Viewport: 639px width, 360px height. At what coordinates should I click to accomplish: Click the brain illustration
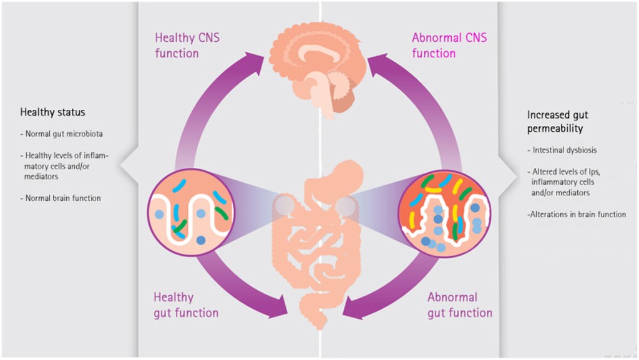click(319, 69)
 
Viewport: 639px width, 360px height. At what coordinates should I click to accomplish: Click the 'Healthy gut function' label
click(186, 305)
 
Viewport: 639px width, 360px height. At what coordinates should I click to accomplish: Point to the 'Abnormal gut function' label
click(460, 305)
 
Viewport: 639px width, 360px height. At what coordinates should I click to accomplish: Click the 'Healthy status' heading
click(52, 113)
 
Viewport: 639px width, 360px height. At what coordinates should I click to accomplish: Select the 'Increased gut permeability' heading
click(557, 122)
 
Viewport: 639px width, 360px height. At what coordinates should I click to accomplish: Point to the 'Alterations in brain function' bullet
click(577, 215)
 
